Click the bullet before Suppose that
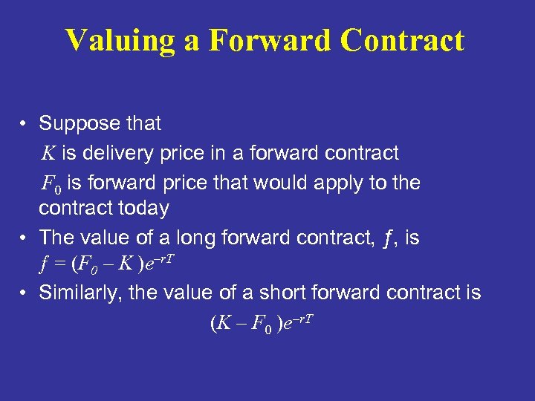[25, 123]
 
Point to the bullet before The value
[25, 238]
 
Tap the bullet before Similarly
[25, 293]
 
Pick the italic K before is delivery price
[48, 154]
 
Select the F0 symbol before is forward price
[50, 183]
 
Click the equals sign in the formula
[55, 265]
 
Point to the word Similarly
[80, 293]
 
